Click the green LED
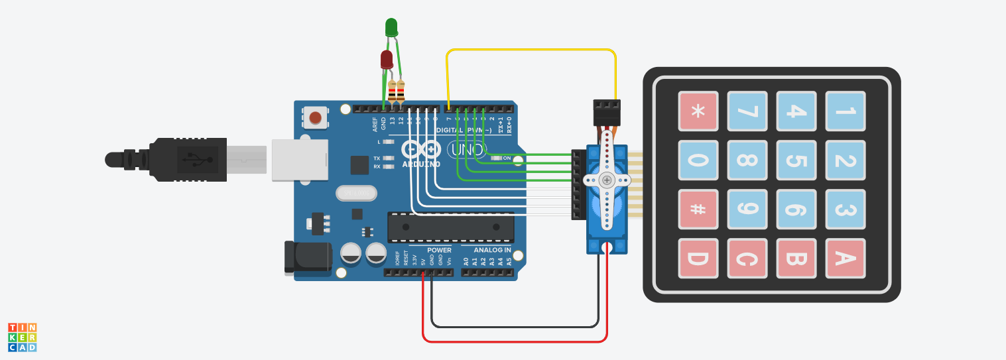(x=391, y=27)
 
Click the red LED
(x=387, y=60)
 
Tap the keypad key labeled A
(x=845, y=258)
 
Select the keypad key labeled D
(x=698, y=258)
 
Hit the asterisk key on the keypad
(x=698, y=111)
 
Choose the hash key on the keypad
(x=698, y=209)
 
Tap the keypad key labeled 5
(x=796, y=160)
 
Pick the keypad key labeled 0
(x=698, y=160)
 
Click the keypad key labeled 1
(x=845, y=111)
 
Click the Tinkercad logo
(x=22, y=337)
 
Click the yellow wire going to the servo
(x=531, y=50)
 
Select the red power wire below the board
(x=514, y=342)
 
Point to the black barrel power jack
(x=307, y=257)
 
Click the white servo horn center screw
(x=606, y=180)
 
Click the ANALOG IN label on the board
(x=492, y=250)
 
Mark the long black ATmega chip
(x=451, y=227)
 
